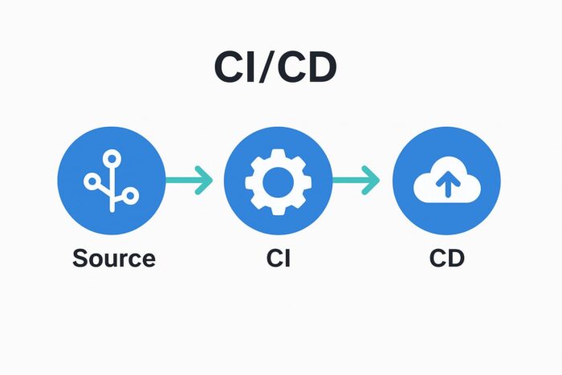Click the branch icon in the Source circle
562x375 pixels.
[x=111, y=181]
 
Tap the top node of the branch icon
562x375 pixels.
[x=111, y=157]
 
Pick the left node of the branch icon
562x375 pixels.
[x=91, y=181]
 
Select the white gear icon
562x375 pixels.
[x=278, y=181]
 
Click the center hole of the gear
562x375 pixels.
[x=278, y=181]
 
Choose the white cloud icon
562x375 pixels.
[x=446, y=185]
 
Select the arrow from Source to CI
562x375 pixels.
[x=189, y=181]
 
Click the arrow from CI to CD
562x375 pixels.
[x=356, y=181]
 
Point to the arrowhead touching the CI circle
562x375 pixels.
[x=206, y=181]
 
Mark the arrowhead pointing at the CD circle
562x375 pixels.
[x=373, y=181]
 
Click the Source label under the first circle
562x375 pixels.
[x=113, y=259]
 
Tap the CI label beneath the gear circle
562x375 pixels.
[x=278, y=259]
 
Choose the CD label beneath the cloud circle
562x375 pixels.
[x=446, y=259]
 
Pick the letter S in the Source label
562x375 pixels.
[x=80, y=259]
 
